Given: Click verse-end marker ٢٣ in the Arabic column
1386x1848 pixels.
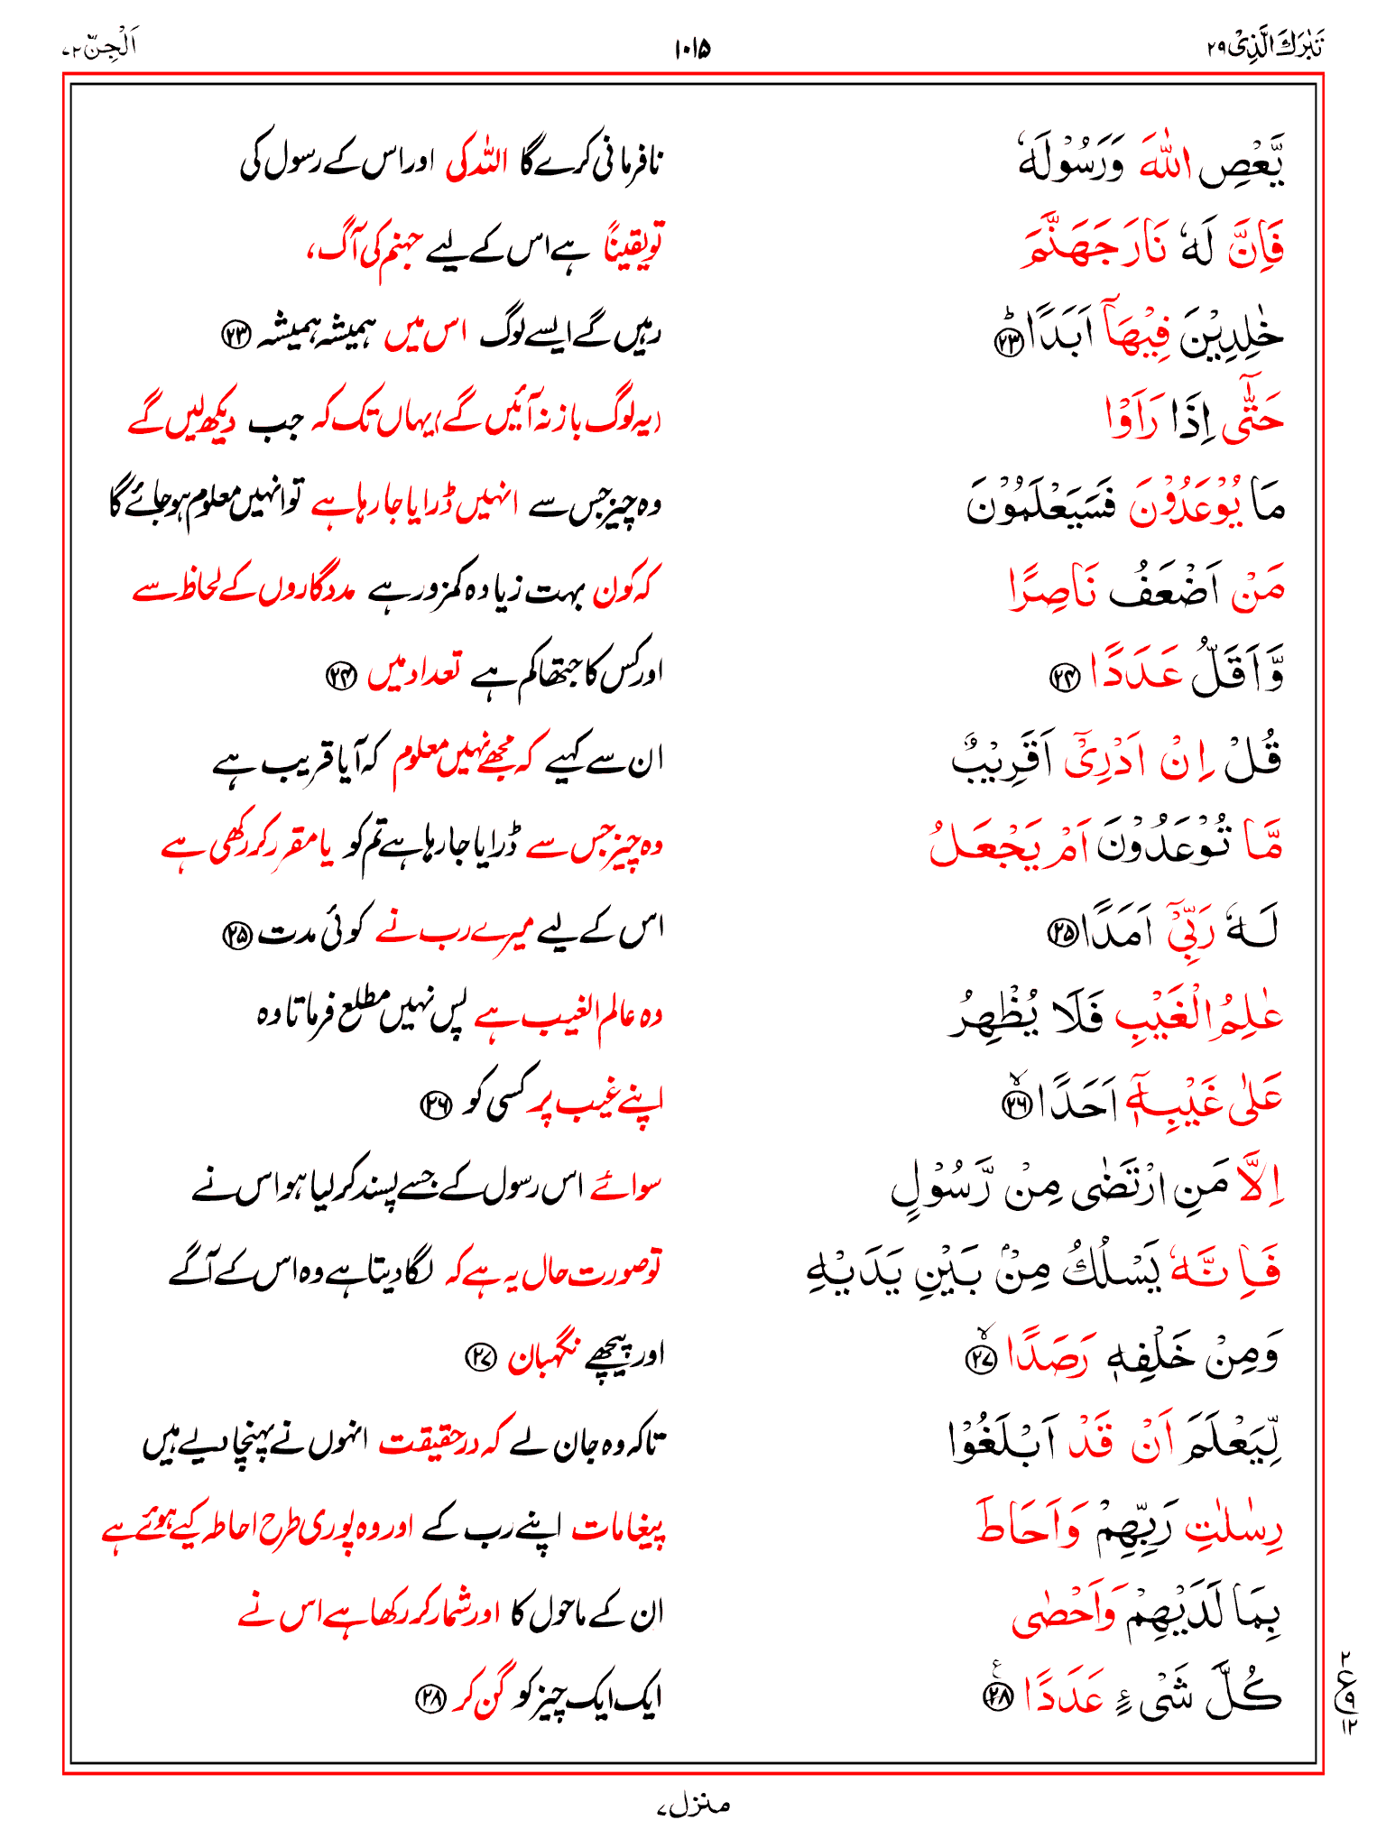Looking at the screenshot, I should click(1005, 342).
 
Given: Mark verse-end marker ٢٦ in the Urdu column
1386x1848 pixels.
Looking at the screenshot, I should click(436, 1104).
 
